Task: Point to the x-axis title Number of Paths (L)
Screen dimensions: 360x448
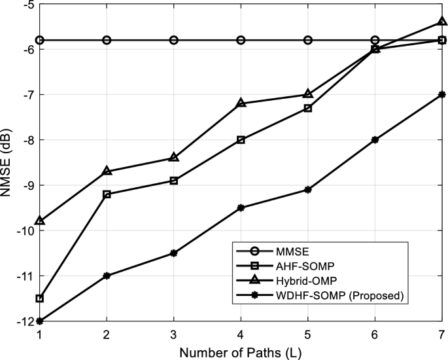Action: pos(241,352)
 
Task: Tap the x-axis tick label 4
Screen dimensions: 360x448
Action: pos(241,334)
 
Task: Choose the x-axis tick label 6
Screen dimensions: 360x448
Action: pos(375,334)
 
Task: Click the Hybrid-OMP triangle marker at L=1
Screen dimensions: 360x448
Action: pos(40,221)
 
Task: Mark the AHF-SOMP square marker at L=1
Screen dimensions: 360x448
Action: pos(40,298)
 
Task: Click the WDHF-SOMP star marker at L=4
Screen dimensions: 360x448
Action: pos(241,207)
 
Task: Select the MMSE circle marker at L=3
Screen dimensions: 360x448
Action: pos(174,40)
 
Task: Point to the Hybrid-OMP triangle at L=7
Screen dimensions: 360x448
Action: pos(442,22)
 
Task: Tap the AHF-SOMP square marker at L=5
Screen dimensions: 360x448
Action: pos(308,108)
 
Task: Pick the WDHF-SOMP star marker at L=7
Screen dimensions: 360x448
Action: pos(442,94)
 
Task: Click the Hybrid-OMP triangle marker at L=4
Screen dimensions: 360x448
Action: pos(241,103)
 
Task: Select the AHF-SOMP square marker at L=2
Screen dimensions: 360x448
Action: pos(107,194)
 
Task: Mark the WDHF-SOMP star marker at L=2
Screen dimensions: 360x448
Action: pos(107,276)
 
